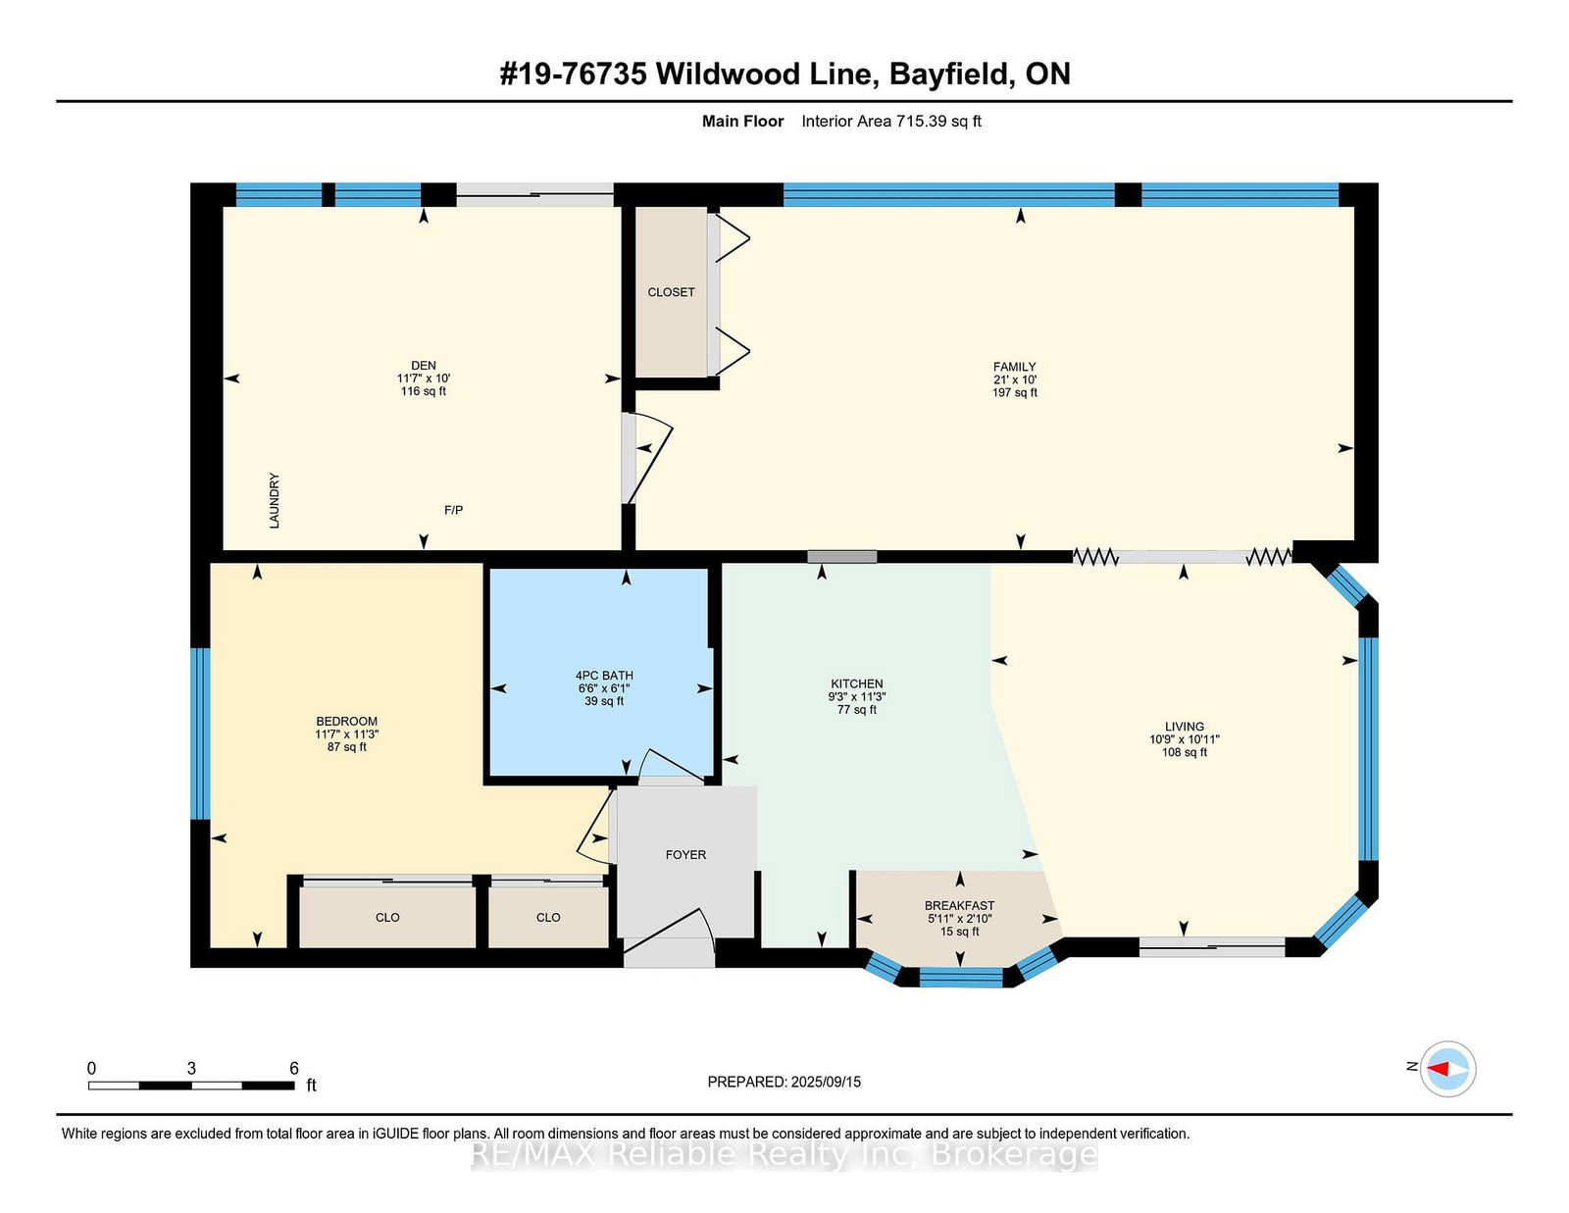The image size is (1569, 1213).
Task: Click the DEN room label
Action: [423, 366]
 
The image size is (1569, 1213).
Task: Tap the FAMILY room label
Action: [1014, 367]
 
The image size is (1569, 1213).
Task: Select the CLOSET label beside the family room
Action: [671, 292]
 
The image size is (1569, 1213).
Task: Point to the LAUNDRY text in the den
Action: [275, 500]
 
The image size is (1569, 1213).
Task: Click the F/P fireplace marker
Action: [453, 511]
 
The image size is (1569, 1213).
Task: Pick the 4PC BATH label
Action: [604, 676]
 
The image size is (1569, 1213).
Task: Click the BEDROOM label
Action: [346, 722]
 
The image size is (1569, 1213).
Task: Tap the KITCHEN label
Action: [856, 683]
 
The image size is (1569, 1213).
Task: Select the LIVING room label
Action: [1185, 727]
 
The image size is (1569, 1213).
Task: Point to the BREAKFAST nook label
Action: [960, 905]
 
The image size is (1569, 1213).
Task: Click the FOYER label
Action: [685, 855]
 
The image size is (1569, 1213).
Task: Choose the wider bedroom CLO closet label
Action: [387, 918]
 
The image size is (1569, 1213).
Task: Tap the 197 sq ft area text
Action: [1015, 393]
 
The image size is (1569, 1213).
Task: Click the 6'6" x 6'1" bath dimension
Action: [604, 688]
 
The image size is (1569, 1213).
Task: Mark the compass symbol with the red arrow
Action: [1447, 1069]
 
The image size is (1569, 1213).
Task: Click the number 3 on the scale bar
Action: [191, 1069]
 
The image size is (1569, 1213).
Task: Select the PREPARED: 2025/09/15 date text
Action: [784, 1083]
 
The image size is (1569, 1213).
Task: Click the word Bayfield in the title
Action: [949, 75]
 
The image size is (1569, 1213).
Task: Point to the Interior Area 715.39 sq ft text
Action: [891, 122]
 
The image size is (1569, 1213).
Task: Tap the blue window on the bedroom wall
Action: [200, 733]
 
